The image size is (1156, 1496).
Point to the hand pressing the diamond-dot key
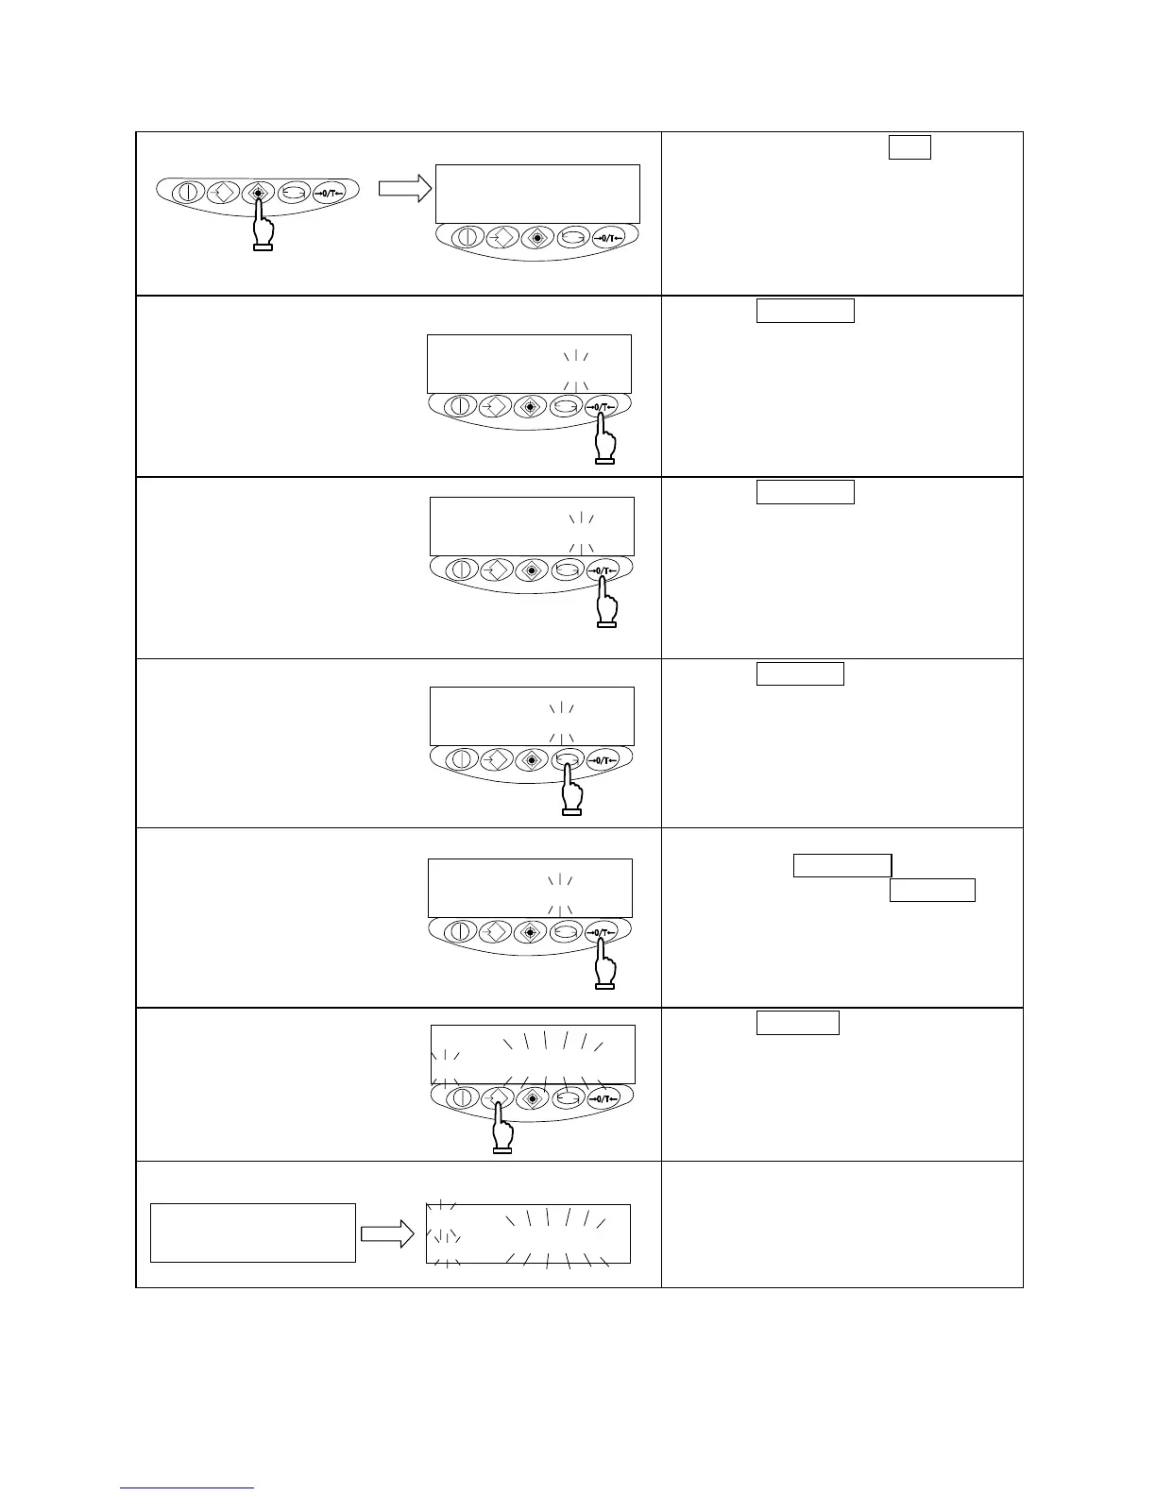pos(263,229)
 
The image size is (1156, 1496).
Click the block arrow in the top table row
pos(404,189)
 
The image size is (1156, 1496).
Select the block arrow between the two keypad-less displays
pos(388,1233)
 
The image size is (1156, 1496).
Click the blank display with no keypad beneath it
pos(253,1232)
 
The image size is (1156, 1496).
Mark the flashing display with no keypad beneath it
pos(527,1232)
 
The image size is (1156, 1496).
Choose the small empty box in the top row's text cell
pos(909,147)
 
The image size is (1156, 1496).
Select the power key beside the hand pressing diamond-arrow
pos(464,1097)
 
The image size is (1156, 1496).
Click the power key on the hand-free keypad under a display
pos(467,238)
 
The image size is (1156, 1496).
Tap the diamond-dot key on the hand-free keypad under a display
pos(537,238)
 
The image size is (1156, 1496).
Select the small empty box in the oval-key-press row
pos(800,673)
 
